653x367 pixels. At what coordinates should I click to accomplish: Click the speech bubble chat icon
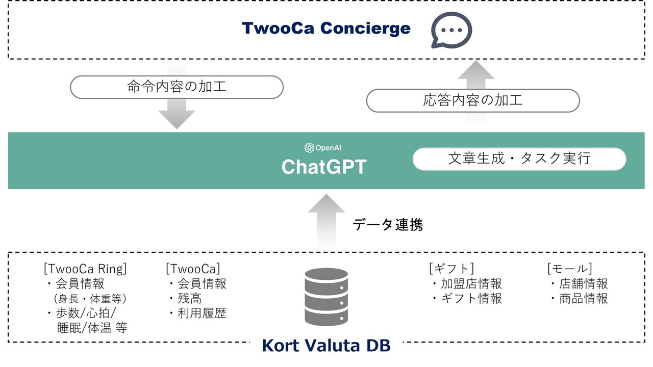point(451,30)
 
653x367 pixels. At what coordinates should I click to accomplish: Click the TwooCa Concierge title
point(326,29)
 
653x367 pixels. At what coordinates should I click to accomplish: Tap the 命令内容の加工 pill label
point(177,87)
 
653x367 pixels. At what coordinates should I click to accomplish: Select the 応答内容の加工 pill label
point(473,100)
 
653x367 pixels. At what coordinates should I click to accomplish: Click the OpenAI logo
point(309,148)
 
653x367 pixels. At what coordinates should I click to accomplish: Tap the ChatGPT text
point(324,167)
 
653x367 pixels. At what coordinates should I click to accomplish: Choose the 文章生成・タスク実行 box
point(519,159)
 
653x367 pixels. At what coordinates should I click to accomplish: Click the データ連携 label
point(388,224)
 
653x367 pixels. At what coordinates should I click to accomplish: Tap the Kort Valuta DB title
point(326,346)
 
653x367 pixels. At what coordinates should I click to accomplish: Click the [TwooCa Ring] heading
point(85,268)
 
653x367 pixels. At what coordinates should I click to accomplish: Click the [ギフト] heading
point(451,268)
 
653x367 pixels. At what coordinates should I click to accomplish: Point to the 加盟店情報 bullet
point(471,283)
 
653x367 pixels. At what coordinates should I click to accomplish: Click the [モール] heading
point(569,268)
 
